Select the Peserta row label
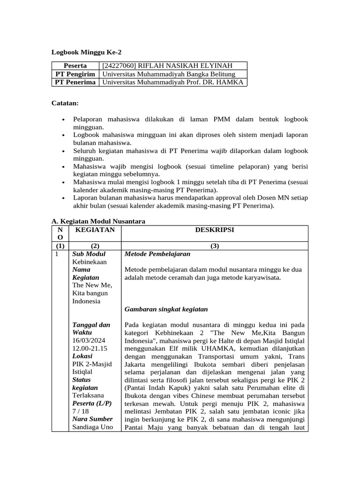coord(75,66)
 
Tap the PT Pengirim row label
coord(75,74)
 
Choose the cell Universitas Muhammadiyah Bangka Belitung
coord(168,74)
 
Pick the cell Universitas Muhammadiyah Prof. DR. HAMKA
coord(173,82)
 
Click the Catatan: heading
coord(65,103)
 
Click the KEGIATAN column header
coord(95,230)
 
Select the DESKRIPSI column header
coord(214,230)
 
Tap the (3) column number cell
coord(214,246)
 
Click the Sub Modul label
coord(89,254)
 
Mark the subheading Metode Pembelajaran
coord(157,254)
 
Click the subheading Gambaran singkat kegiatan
coord(166,309)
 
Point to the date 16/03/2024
coord(89,341)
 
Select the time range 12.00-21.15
coord(90,349)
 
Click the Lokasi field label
coord(82,356)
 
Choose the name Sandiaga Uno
coord(92,427)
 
